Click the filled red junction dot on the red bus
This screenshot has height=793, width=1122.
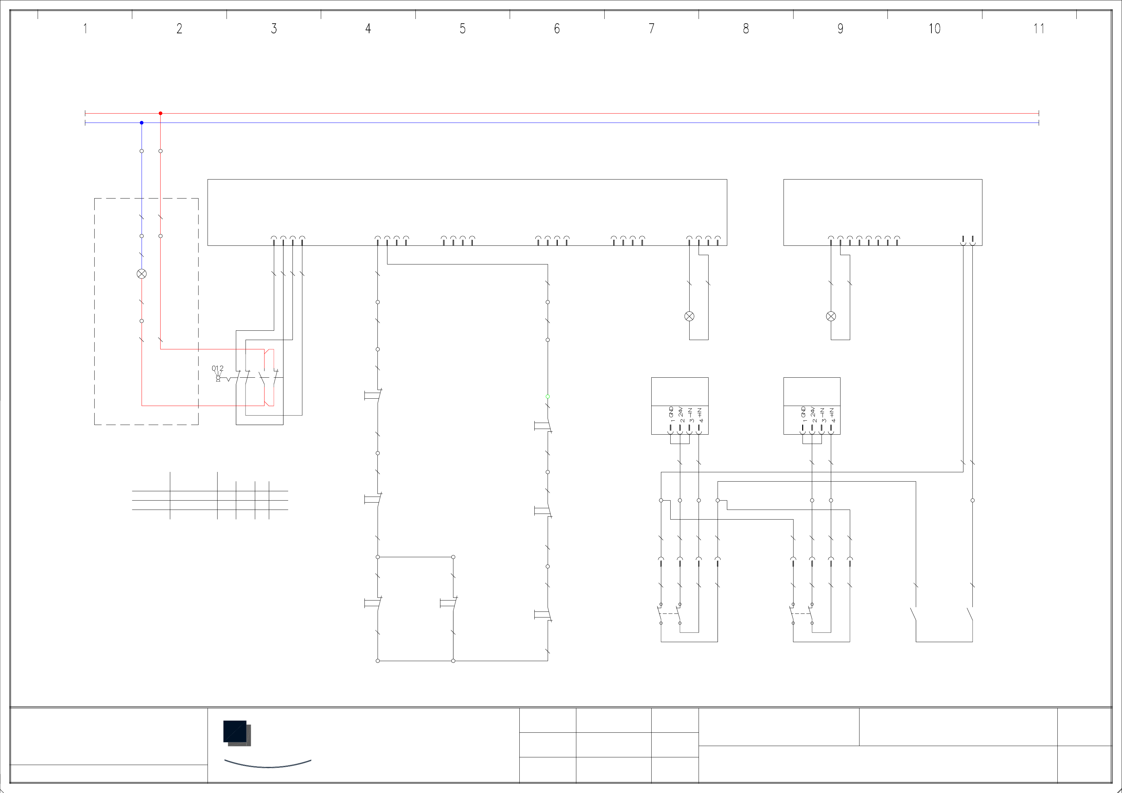160,113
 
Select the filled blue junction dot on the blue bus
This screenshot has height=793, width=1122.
142,123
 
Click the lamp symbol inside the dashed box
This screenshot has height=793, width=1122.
142,274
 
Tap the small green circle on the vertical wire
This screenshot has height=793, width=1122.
547,396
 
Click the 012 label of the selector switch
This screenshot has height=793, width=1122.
218,368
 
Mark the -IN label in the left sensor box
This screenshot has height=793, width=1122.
690,412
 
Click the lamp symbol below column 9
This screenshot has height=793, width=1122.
831,316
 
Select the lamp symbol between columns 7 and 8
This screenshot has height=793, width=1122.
689,316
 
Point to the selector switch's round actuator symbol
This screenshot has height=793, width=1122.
218,378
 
